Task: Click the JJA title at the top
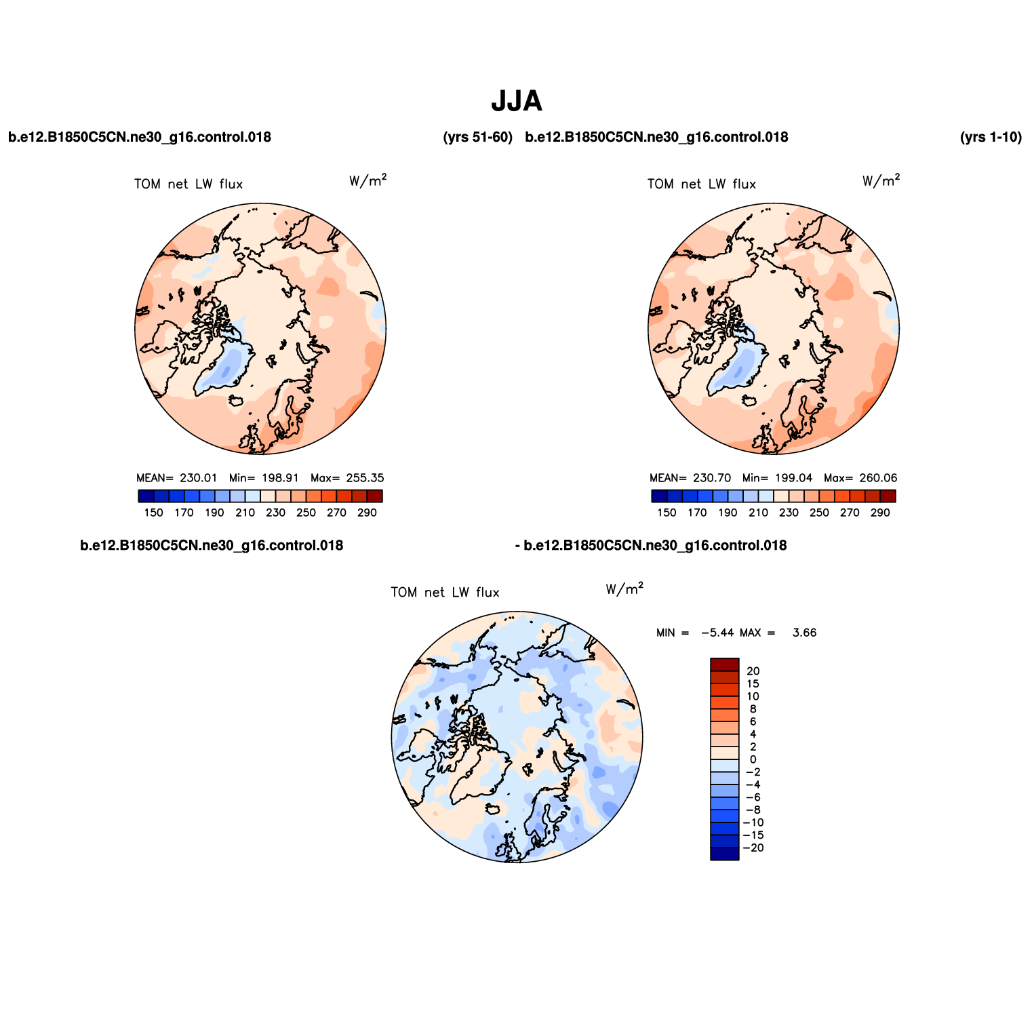517,102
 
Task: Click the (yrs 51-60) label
477,137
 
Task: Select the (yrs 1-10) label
991,137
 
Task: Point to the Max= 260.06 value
860,478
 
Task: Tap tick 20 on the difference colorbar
753,671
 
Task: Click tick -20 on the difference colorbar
753,848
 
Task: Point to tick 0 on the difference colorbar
753,760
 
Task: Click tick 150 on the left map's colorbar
154,513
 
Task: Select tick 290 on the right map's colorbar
880,513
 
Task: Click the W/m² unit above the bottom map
624,589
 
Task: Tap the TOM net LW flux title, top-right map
702,184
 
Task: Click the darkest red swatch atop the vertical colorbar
725,664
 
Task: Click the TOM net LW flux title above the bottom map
445,593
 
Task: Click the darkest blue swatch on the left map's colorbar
146,496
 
